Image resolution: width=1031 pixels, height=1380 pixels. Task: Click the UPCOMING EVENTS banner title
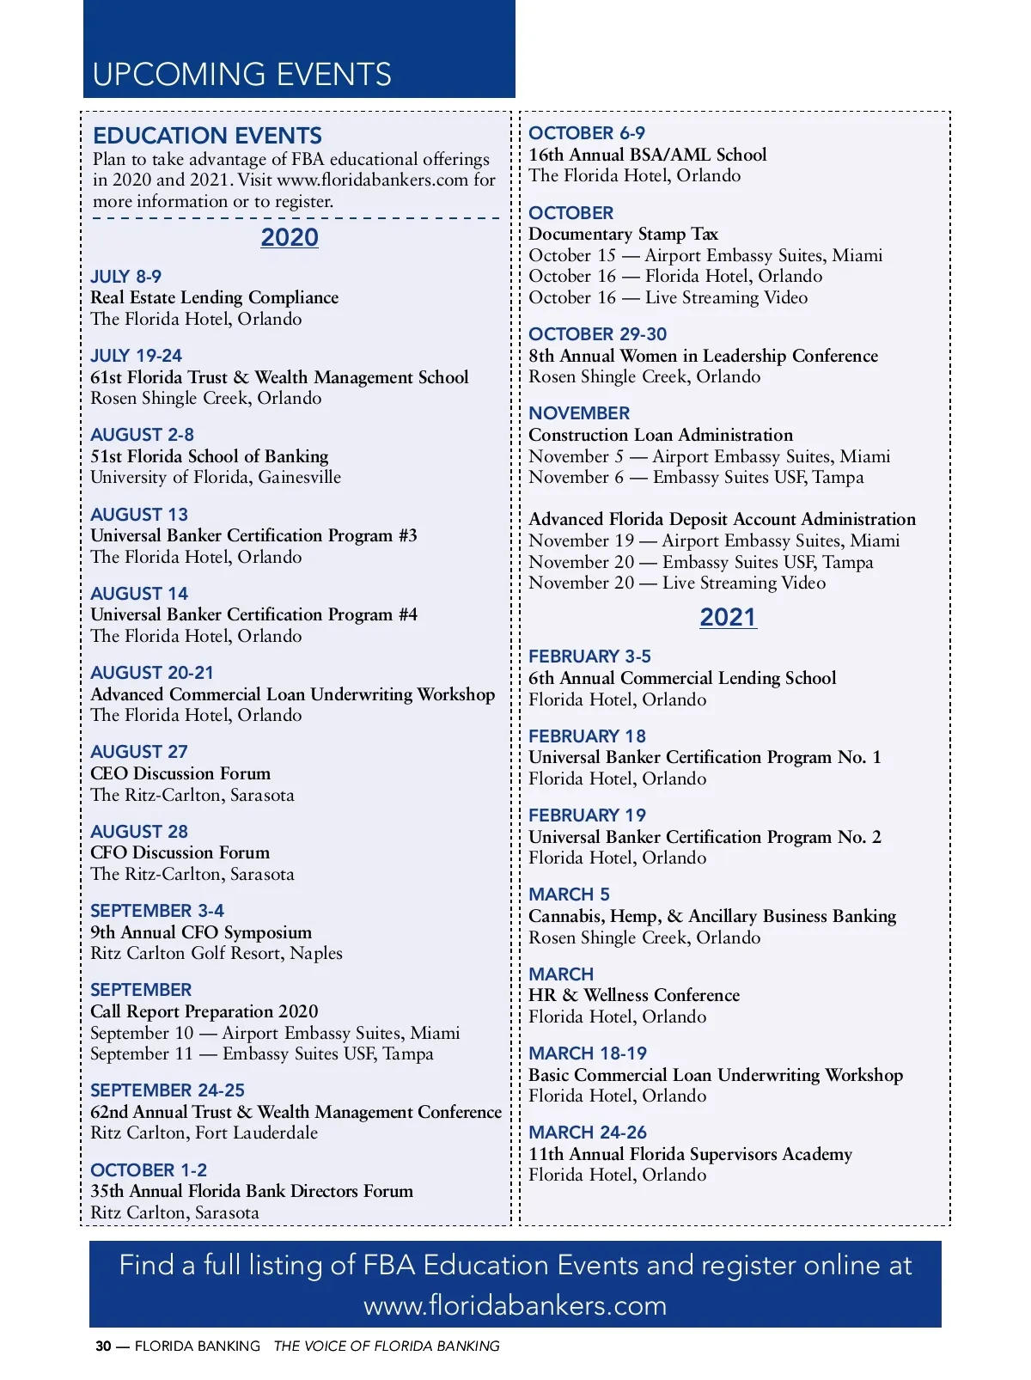pyautogui.click(x=241, y=75)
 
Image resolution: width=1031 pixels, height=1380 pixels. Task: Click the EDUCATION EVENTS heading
pyautogui.click(x=207, y=136)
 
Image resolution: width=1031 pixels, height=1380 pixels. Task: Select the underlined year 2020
pyautogui.click(x=290, y=237)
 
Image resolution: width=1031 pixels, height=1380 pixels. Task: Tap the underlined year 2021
pyautogui.click(x=728, y=617)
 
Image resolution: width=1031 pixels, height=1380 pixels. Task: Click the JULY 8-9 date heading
pyautogui.click(x=125, y=277)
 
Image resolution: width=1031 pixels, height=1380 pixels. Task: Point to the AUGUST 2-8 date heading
pyautogui.click(x=142, y=435)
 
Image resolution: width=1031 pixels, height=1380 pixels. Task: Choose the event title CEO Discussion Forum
pyautogui.click(x=180, y=773)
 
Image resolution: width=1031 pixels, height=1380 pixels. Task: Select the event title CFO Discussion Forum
pyautogui.click(x=180, y=852)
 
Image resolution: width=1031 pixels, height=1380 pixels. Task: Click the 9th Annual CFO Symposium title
pyautogui.click(x=201, y=932)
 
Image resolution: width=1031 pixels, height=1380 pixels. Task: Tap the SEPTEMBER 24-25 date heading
pyautogui.click(x=168, y=1090)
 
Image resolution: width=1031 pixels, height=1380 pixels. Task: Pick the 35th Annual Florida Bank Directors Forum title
pyautogui.click(x=252, y=1191)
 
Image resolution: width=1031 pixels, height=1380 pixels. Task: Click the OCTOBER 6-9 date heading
pyautogui.click(x=586, y=133)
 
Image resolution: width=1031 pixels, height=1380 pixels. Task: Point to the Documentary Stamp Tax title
pyautogui.click(x=623, y=234)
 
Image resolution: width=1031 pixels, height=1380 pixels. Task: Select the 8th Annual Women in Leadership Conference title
pyautogui.click(x=703, y=356)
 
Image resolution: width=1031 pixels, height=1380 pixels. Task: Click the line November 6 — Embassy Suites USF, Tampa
pyautogui.click(x=696, y=477)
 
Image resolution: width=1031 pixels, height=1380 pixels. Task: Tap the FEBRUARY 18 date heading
pyautogui.click(x=587, y=736)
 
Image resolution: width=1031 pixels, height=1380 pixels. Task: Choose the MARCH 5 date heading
pyautogui.click(x=569, y=895)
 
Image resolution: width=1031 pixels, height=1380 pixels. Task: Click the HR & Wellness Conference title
pyautogui.click(x=633, y=995)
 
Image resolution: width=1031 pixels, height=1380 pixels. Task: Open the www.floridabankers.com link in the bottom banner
pyautogui.click(x=515, y=1305)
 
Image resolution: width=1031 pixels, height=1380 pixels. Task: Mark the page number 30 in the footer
pyautogui.click(x=103, y=1346)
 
